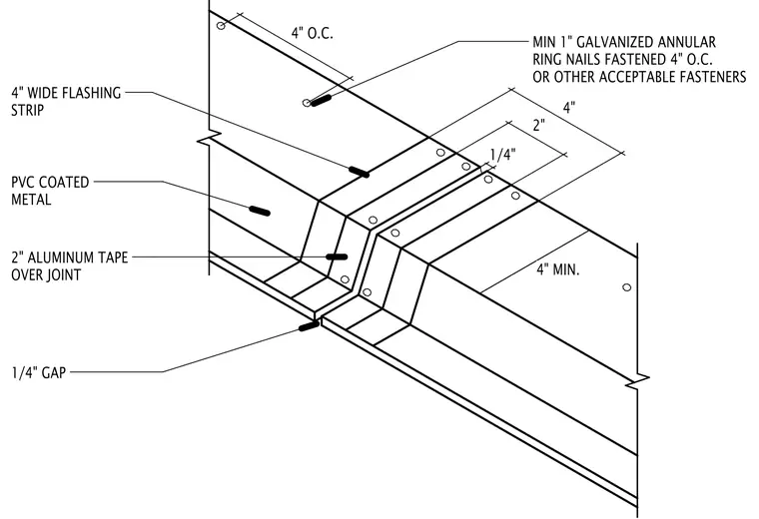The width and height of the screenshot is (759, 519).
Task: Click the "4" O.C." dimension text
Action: point(313,33)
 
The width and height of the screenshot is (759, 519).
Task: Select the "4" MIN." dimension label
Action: point(558,269)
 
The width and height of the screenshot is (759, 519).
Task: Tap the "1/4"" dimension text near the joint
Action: point(503,155)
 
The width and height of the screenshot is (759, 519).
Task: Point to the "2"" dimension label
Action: point(538,126)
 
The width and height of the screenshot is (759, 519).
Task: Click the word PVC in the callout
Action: point(23,183)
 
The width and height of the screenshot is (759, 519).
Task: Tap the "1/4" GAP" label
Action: point(39,373)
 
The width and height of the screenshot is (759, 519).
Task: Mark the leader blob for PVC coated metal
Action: point(260,211)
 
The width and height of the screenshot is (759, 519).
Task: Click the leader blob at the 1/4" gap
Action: point(309,326)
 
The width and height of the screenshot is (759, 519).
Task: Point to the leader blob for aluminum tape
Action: point(337,257)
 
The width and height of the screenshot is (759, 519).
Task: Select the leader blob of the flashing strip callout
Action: point(360,172)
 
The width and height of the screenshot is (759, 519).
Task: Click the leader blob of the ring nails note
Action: point(321,100)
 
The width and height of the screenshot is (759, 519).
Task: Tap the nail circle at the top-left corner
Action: point(221,25)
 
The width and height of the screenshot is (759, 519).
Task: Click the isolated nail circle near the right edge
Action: point(627,287)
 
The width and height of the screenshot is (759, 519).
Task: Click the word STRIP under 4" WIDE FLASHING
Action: point(28,110)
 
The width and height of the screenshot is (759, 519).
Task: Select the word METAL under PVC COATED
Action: point(31,200)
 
